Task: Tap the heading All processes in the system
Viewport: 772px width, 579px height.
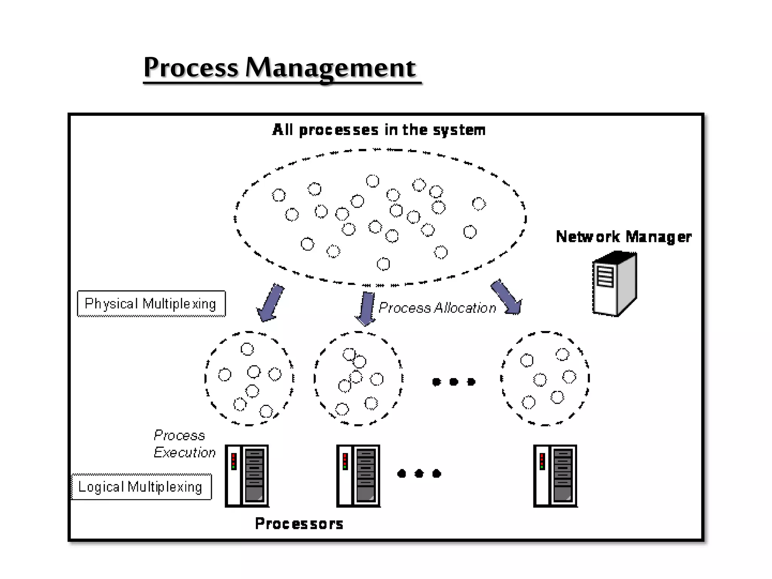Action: tap(378, 130)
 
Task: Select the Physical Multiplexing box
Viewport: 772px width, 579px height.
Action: tap(151, 304)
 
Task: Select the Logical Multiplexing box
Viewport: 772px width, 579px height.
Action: tap(141, 487)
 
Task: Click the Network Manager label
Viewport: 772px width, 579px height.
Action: tap(623, 237)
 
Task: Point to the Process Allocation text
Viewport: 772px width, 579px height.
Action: tap(437, 308)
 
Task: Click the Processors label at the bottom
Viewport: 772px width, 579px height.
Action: tap(299, 524)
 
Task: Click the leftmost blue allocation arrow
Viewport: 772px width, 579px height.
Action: tap(271, 303)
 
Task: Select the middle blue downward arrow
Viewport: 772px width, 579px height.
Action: tap(366, 308)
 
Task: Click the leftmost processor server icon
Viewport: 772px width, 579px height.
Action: tap(247, 476)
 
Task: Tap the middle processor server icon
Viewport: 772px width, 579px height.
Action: tap(358, 476)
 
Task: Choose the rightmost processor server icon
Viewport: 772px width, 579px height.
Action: tap(555, 476)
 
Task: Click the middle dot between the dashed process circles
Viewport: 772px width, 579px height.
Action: tap(454, 382)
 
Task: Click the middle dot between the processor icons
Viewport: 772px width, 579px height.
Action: tap(419, 473)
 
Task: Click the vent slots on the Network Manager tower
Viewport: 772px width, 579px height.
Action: tap(605, 277)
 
